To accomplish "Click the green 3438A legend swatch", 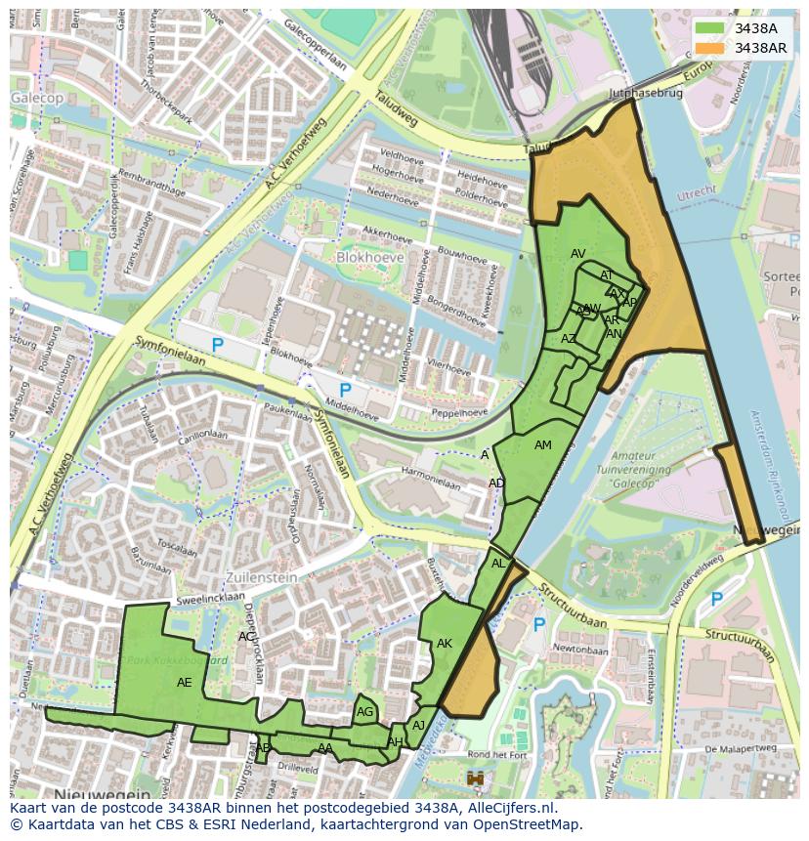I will [x=711, y=29].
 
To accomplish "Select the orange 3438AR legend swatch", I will [x=711, y=48].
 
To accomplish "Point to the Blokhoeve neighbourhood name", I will [x=369, y=257].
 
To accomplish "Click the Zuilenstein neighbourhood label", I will [x=262, y=577].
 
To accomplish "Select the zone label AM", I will [x=543, y=445].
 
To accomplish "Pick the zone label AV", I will [x=578, y=254].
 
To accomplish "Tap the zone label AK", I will [x=445, y=644].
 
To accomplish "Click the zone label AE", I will [x=185, y=683].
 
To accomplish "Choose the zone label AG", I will [x=365, y=712].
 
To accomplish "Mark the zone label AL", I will [x=498, y=564].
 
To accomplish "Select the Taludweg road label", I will [x=394, y=109].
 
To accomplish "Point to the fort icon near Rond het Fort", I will [x=477, y=778].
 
